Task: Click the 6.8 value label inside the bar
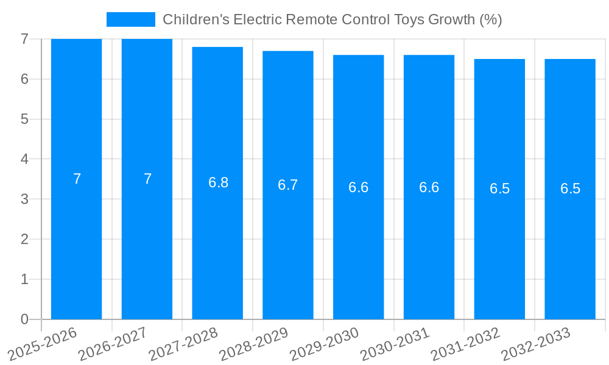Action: pyautogui.click(x=218, y=182)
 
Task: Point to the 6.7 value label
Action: pyautogui.click(x=288, y=185)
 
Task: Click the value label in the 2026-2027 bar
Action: pyautogui.click(x=147, y=179)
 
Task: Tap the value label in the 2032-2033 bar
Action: pyautogui.click(x=570, y=189)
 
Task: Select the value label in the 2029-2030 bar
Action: pyautogui.click(x=358, y=187)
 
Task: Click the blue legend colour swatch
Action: pyautogui.click(x=131, y=19)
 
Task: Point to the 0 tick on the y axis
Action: pyautogui.click(x=24, y=319)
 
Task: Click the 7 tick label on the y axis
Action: pyautogui.click(x=24, y=39)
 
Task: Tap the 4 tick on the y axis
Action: pyautogui.click(x=24, y=159)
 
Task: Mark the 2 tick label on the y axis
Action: pyautogui.click(x=24, y=239)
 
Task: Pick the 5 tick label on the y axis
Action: pyautogui.click(x=24, y=119)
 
